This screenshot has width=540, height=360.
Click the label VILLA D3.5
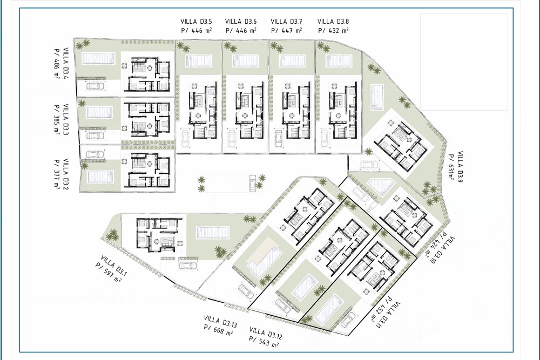[196, 22]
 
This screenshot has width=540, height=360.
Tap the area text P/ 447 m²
[287, 30]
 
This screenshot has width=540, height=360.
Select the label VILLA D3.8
[333, 22]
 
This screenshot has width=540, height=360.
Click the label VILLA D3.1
[114, 266]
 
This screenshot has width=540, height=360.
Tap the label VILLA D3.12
[266, 333]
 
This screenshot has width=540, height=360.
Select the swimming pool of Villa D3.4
[98, 58]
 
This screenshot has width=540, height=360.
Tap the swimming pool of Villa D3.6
[245, 61]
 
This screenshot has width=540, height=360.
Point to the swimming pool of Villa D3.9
[377, 97]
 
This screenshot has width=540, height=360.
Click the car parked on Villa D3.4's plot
[94, 86]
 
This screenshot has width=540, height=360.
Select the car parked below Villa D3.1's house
[188, 266]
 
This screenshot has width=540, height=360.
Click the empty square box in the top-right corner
[464, 62]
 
